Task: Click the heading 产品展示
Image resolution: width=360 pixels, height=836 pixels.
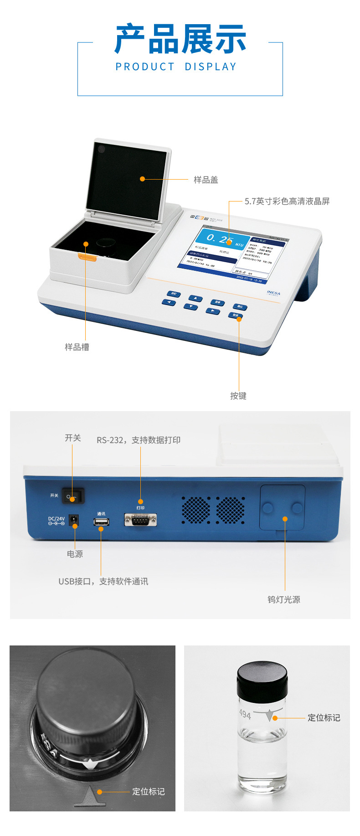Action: click(x=180, y=39)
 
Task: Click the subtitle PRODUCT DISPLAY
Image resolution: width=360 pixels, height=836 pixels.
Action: click(x=176, y=67)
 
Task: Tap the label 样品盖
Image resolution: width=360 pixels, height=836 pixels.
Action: click(x=206, y=180)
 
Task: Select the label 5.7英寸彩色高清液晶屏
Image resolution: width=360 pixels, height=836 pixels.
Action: click(x=287, y=201)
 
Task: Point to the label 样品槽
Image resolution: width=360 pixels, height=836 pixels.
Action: click(x=77, y=347)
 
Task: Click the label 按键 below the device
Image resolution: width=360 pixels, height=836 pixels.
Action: click(x=238, y=396)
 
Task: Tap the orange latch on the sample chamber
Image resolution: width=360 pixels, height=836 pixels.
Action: click(x=87, y=258)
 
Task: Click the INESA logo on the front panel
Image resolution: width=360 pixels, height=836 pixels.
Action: click(x=273, y=293)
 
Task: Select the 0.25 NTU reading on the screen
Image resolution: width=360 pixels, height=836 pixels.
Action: click(x=221, y=239)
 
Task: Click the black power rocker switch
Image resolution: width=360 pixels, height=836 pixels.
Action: click(x=73, y=496)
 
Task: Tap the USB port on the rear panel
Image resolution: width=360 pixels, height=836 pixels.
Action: click(x=101, y=521)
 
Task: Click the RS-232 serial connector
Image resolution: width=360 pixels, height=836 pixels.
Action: click(x=140, y=519)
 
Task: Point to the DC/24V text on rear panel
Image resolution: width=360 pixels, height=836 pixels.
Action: click(x=57, y=519)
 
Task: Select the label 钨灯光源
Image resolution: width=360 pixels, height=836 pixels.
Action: click(x=283, y=599)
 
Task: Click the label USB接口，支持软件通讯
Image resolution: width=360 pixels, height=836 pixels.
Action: click(x=103, y=581)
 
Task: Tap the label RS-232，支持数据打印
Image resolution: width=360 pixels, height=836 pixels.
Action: click(x=139, y=440)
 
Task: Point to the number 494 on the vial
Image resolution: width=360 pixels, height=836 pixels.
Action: click(x=245, y=714)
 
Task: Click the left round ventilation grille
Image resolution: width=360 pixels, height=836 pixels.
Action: click(x=196, y=510)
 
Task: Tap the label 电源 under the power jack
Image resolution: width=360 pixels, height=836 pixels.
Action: click(x=75, y=554)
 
